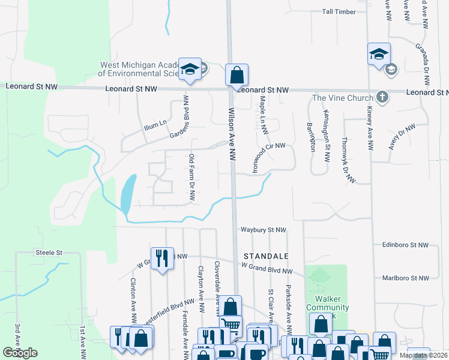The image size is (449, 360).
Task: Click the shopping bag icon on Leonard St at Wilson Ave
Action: click(237, 76)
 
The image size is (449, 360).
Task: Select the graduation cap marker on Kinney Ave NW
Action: click(379, 54)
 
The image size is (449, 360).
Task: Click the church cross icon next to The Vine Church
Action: click(382, 97)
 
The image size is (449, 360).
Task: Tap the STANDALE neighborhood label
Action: click(266, 256)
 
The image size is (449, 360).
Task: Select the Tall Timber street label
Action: click(343, 11)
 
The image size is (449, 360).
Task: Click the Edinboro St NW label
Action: click(405, 245)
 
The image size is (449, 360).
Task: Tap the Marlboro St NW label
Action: click(405, 278)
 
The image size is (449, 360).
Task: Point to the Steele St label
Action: click(49, 253)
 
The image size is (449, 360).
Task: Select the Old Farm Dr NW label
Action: click(192, 174)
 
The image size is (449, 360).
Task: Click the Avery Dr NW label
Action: click(402, 136)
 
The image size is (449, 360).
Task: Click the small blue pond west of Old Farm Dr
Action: click(128, 194)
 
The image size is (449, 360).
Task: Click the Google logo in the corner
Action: click(20, 353)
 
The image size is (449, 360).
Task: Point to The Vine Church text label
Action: click(343, 98)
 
